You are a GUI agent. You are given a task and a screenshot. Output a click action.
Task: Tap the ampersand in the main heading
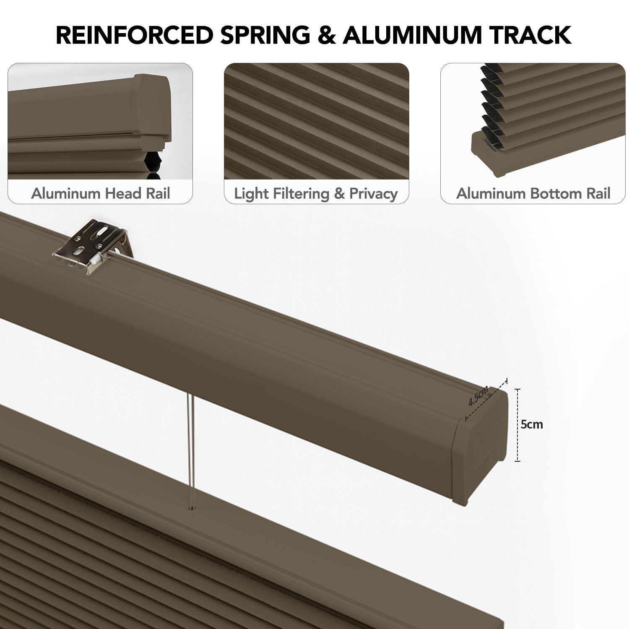[326, 35]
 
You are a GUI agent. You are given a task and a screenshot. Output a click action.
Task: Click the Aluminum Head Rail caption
[100, 193]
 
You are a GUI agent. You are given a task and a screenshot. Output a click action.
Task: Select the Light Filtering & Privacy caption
[316, 193]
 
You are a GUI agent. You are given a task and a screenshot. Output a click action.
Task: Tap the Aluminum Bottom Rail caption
[533, 193]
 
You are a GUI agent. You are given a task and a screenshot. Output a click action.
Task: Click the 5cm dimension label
[532, 424]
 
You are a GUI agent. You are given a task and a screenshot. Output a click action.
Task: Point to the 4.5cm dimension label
[478, 395]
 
